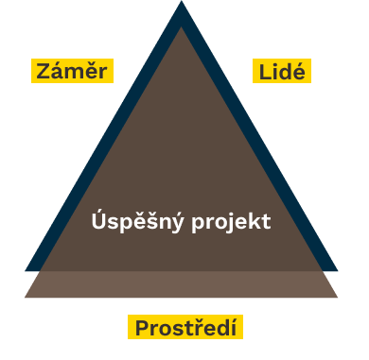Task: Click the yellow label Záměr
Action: point(72,71)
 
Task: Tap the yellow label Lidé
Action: point(282,71)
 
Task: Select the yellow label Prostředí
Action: point(185,328)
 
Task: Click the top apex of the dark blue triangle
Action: point(182,3)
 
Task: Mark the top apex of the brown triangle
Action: point(182,28)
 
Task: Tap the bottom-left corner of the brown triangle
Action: point(25,298)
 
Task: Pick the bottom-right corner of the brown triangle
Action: point(338,298)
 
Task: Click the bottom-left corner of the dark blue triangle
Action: point(26,271)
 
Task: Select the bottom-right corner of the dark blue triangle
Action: point(338,271)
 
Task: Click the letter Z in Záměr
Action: point(43,71)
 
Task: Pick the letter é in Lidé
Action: point(301,71)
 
